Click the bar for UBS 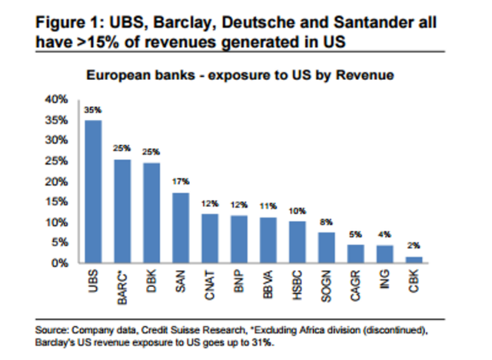[93, 192]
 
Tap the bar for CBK [414, 259]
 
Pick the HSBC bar [298, 242]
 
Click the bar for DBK [151, 213]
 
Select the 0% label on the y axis [59, 263]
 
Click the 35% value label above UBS [93, 111]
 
